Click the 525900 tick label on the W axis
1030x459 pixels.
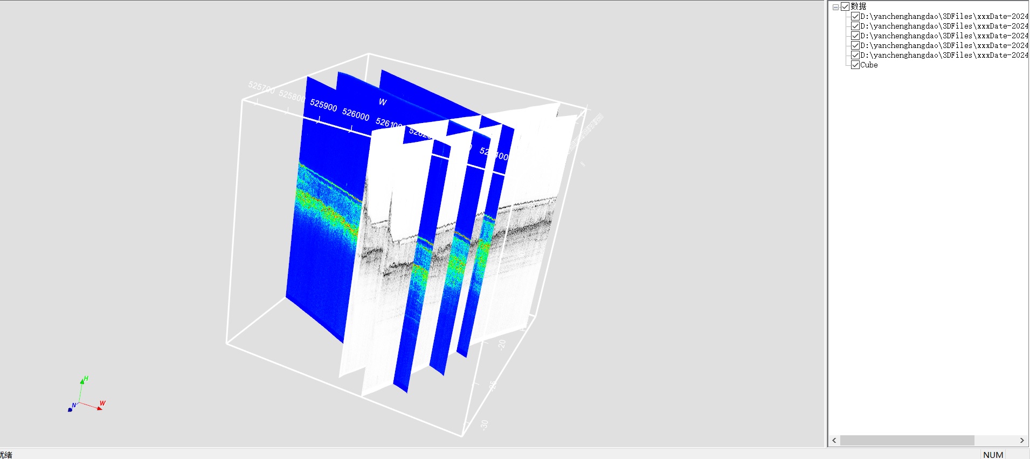click(323, 105)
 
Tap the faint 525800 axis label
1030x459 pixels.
click(292, 95)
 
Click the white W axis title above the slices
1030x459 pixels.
click(383, 102)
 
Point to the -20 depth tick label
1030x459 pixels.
click(502, 345)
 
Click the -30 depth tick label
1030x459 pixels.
click(484, 425)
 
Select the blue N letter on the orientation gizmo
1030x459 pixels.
click(74, 406)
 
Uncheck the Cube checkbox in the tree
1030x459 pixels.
click(855, 65)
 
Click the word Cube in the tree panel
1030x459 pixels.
click(869, 65)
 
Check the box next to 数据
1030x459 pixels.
click(845, 6)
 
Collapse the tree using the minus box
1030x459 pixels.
click(835, 7)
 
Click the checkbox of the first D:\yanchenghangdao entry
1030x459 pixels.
click(855, 16)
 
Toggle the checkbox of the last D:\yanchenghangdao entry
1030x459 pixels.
click(855, 55)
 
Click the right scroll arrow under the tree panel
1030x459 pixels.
click(1022, 440)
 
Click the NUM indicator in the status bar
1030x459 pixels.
click(993, 455)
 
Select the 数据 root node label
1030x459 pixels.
click(859, 6)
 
